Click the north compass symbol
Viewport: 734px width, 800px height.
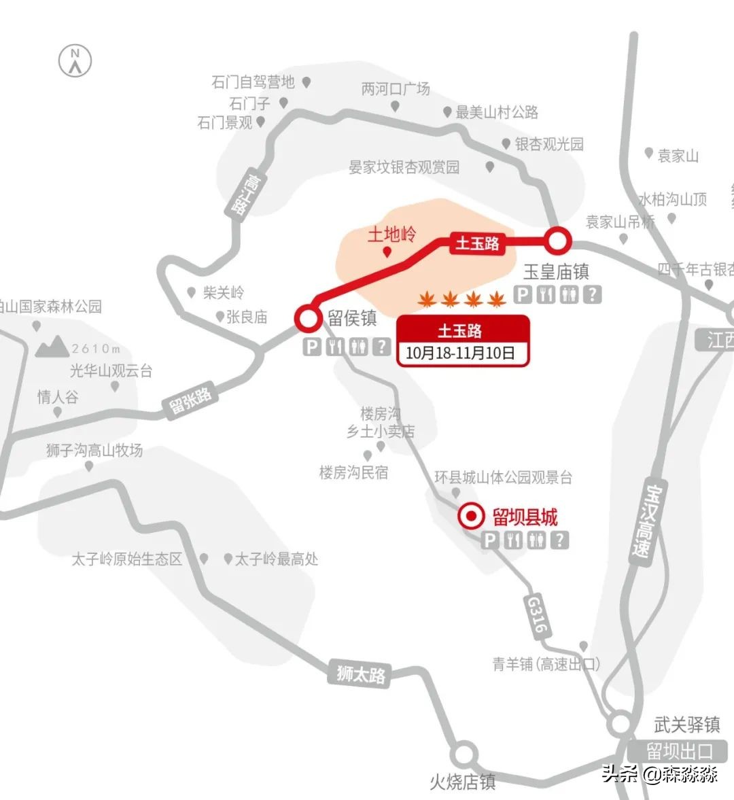(75, 60)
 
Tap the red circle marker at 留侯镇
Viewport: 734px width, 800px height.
(307, 317)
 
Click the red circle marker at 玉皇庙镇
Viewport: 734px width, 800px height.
(557, 240)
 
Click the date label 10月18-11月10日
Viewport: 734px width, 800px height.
(461, 353)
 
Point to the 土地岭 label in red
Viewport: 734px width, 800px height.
(392, 234)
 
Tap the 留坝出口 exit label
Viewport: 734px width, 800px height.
(679, 752)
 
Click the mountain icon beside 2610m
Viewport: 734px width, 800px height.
(52, 347)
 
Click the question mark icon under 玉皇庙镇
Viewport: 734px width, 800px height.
(594, 294)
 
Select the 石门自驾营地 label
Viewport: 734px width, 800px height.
(253, 82)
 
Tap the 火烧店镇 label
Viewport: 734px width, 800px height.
(463, 782)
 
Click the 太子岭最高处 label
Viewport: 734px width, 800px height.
(276, 559)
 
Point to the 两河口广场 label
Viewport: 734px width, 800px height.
(396, 89)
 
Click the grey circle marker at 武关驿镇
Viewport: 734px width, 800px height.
(620, 724)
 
